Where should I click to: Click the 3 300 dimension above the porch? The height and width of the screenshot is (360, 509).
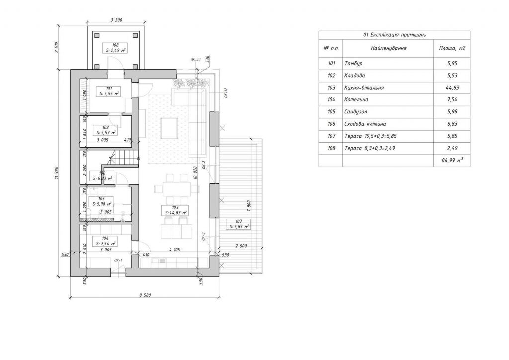pos(116,21)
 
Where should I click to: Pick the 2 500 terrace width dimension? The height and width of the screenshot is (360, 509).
pos(240,246)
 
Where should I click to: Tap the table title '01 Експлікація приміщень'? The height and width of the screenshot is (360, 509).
pos(395,35)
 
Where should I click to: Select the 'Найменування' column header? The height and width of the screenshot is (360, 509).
pos(389,48)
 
